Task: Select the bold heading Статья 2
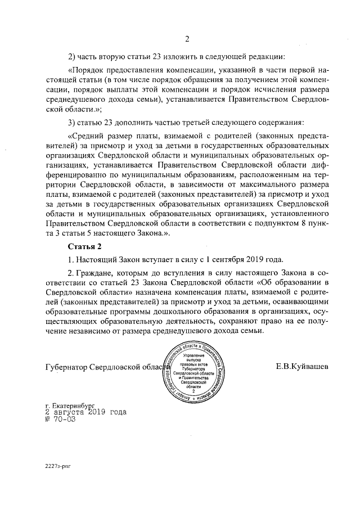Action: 84,246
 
